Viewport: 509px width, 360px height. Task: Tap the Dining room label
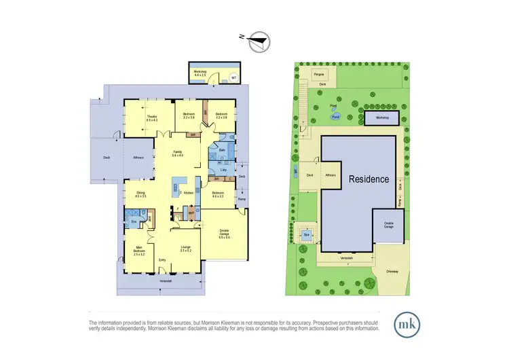141,194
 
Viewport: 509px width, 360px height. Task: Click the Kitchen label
190,193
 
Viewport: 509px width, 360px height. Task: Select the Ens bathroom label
134,221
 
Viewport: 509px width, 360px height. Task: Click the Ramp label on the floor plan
242,199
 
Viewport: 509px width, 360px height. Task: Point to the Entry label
162,260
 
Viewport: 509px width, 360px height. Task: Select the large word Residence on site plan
369,180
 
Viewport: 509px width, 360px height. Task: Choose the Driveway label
392,270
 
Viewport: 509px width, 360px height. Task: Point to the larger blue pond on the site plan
335,116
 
